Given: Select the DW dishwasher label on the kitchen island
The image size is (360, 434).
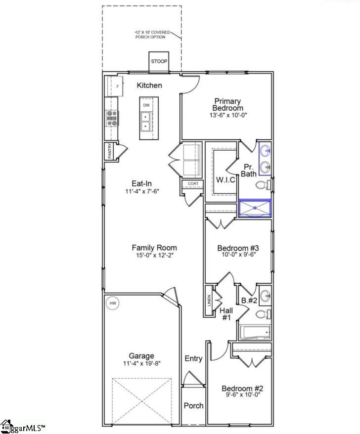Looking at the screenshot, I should tap(146, 105).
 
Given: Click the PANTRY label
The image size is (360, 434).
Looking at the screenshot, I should tap(110, 151).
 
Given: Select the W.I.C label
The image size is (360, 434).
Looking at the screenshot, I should tap(225, 179).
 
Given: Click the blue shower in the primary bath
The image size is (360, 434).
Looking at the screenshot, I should tap(255, 208).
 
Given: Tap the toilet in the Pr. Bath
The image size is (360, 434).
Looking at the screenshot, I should tap(263, 185).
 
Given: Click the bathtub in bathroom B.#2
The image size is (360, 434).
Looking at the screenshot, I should tap(255, 332).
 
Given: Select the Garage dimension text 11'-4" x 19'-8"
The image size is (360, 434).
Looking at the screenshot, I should tap(141, 363).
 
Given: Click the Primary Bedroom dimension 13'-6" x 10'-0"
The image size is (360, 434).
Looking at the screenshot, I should tap(227, 115).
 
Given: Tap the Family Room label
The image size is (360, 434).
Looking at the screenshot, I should tap(154, 248).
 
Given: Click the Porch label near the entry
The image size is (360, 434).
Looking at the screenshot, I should tap(193, 405).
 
